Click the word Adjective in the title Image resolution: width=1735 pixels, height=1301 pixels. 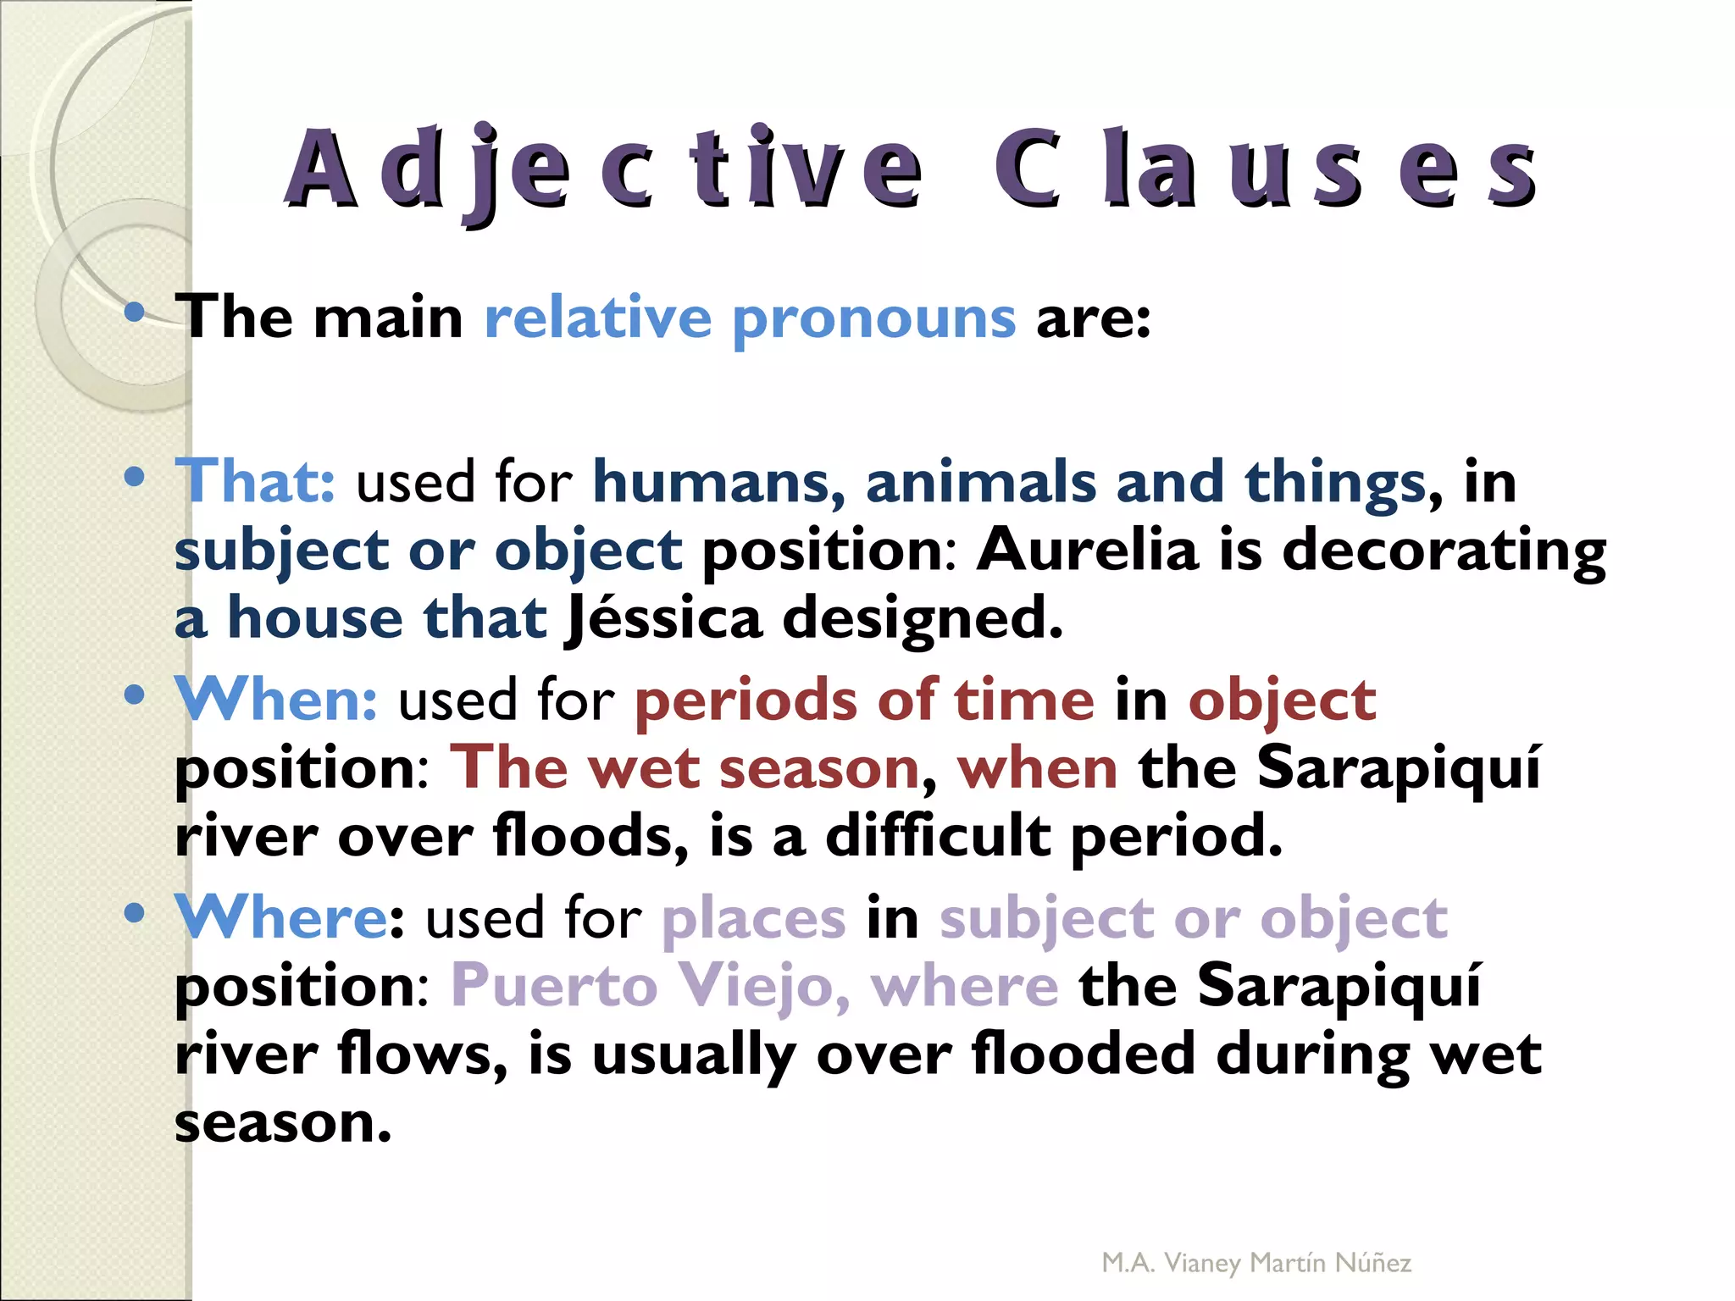click(x=603, y=169)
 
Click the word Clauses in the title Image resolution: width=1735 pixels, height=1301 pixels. click(x=1265, y=169)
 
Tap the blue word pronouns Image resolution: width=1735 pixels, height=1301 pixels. click(x=873, y=319)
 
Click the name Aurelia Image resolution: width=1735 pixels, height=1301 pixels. click(x=1088, y=550)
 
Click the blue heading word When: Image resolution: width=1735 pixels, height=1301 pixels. click(x=276, y=700)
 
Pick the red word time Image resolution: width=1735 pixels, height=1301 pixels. click(x=1024, y=700)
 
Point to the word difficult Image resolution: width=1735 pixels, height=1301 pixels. click(x=937, y=836)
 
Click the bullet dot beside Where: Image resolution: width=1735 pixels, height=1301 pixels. click(x=134, y=913)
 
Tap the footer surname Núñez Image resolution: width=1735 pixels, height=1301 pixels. click(x=1372, y=1263)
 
